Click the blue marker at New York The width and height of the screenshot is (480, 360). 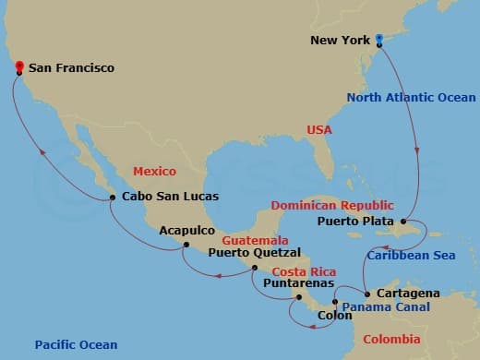pos(379,38)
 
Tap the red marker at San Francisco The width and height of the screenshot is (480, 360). pos(18,66)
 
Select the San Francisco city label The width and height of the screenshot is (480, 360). pos(72,67)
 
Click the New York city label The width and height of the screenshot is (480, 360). pos(340,40)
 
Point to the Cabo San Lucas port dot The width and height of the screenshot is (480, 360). pos(113,196)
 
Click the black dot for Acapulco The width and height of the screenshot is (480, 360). pos(186,245)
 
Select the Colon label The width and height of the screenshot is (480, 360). pos(334,314)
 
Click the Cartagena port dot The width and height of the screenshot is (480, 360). pos(366,294)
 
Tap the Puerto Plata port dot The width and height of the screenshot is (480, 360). pos(404,222)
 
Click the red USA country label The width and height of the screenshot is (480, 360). pos(319,130)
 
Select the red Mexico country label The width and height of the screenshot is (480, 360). pos(154,172)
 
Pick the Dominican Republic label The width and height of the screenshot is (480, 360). pos(331,205)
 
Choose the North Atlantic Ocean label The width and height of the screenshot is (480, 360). pos(412,97)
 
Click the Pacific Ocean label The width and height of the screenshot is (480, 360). pos(76,344)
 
